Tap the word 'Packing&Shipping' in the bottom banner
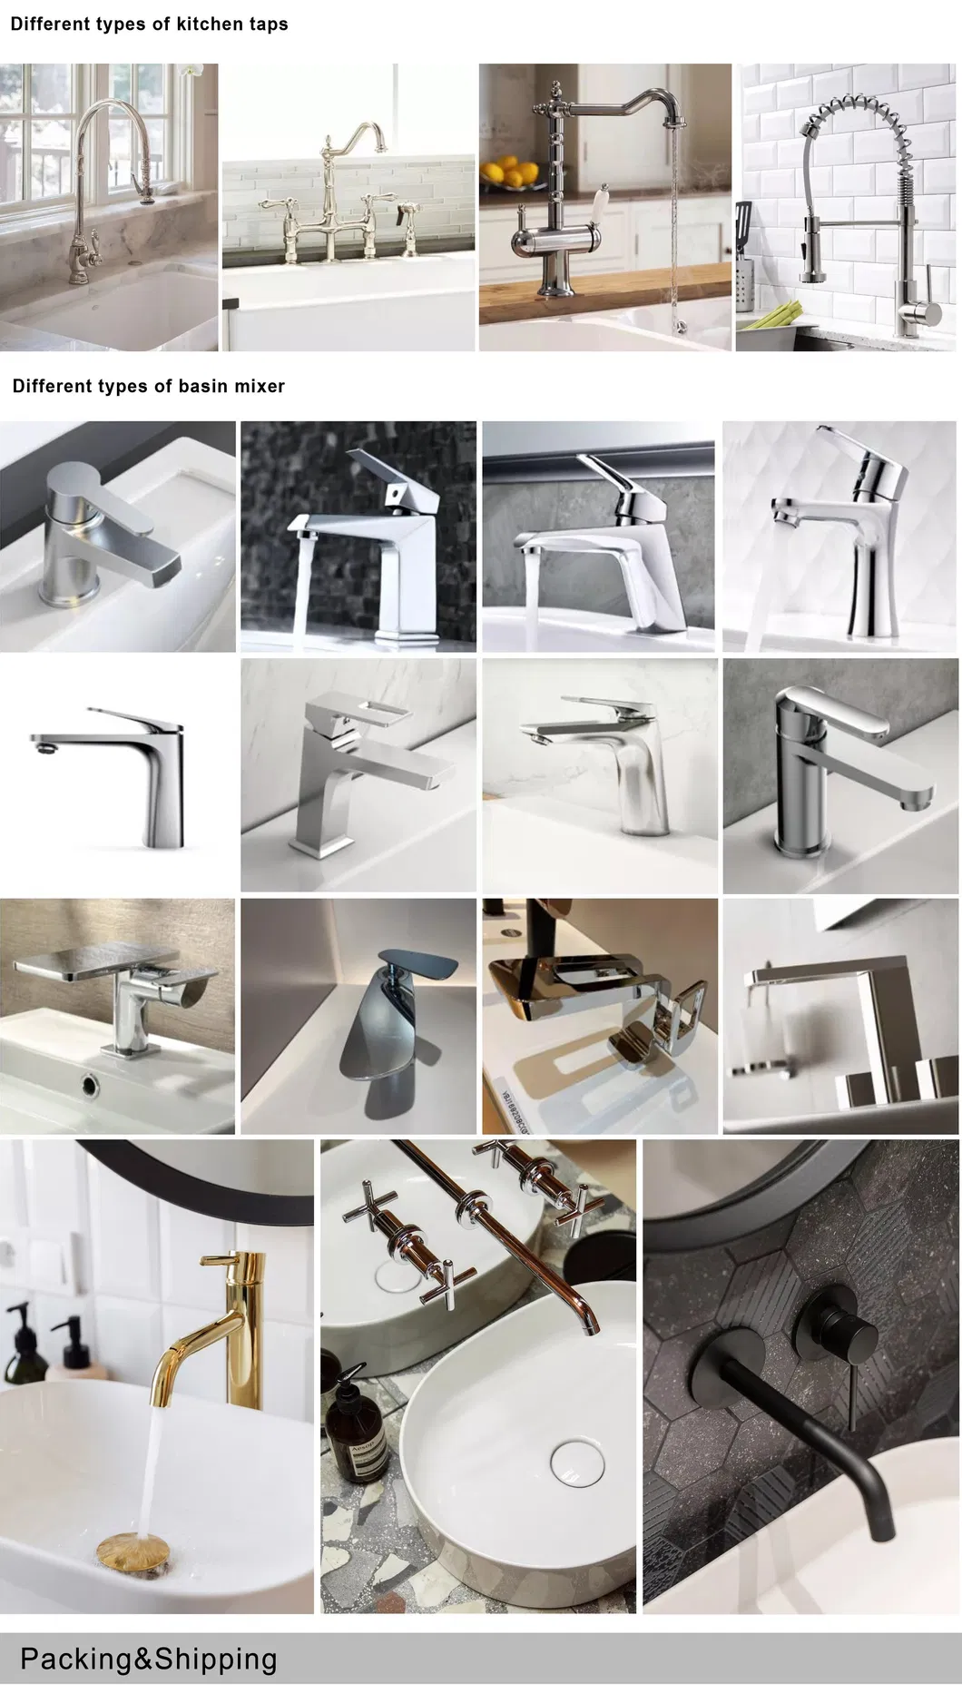pos(148,1659)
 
